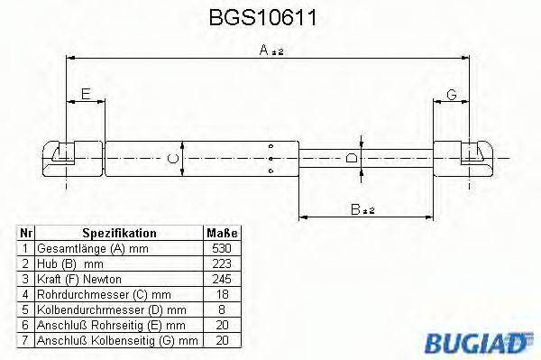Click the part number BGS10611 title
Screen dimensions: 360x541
coord(270,17)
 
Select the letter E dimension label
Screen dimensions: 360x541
coord(86,94)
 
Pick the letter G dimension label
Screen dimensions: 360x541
coord(451,94)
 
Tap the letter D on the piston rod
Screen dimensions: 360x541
coord(352,159)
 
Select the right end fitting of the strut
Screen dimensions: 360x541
coord(471,158)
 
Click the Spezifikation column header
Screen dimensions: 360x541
coord(119,233)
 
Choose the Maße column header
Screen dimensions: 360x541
coord(221,233)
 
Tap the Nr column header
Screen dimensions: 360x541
coord(26,233)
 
